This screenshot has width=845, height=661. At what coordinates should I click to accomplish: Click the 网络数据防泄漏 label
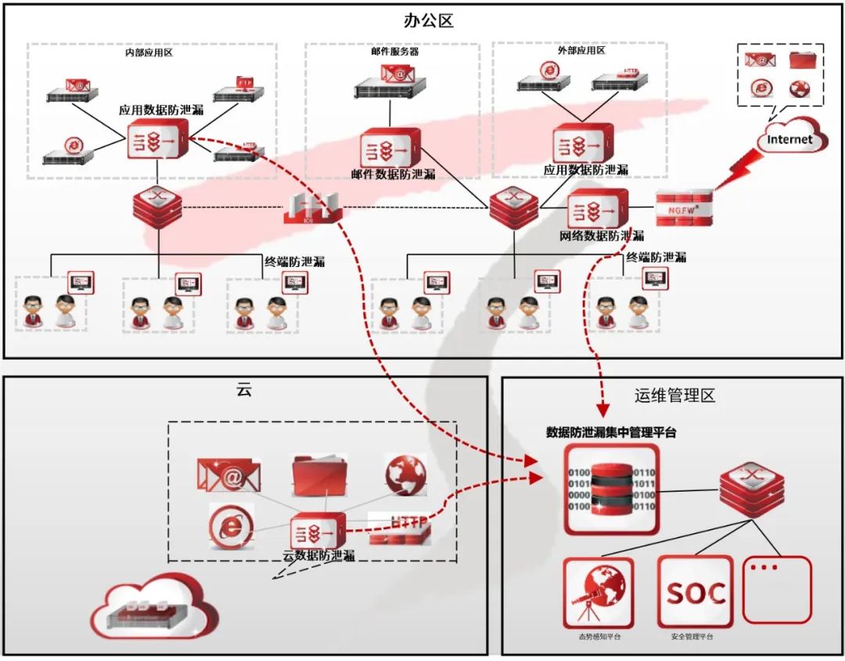(x=602, y=236)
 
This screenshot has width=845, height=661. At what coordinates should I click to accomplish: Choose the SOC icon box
(x=695, y=592)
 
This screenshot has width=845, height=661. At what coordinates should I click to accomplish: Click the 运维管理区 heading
(x=674, y=396)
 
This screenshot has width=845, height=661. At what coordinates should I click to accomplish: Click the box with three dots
(x=777, y=589)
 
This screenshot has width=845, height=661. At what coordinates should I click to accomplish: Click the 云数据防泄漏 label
(x=318, y=555)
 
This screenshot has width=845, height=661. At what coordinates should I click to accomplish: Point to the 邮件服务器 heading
(x=394, y=52)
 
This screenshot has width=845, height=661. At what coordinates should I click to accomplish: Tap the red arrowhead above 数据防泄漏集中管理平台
(x=602, y=409)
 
